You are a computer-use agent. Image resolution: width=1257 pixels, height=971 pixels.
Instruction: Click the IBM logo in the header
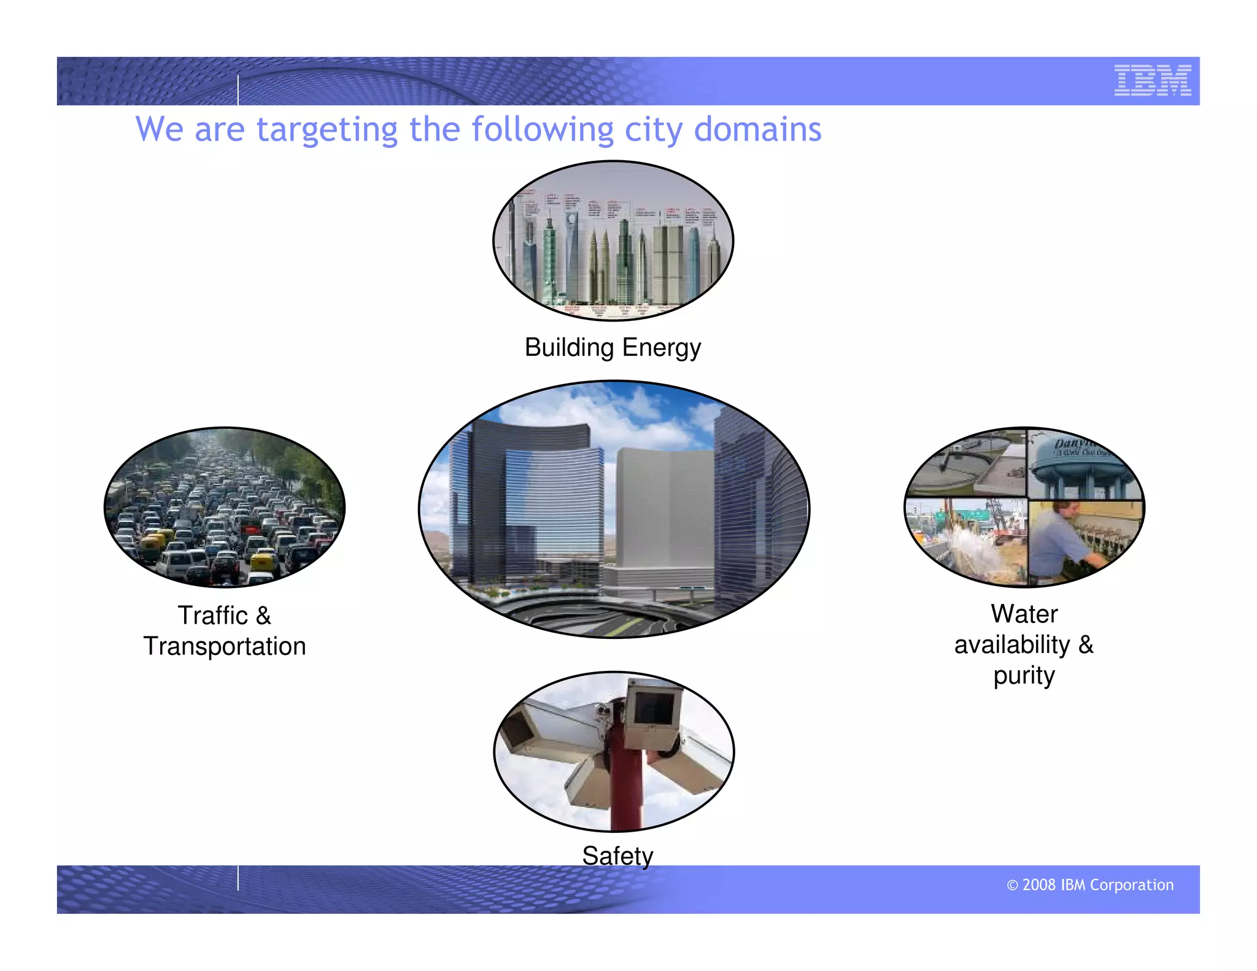[1152, 80]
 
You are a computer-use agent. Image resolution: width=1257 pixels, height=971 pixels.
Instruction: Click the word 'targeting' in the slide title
[327, 130]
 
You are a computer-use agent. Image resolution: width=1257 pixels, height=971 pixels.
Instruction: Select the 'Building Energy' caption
[612, 347]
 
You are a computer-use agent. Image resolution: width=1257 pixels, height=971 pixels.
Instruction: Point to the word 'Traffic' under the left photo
[212, 616]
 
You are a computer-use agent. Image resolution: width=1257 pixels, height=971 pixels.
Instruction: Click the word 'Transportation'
[225, 646]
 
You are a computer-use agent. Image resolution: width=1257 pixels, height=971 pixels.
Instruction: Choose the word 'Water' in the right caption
[1024, 614]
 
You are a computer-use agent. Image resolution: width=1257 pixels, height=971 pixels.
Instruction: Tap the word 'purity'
[1024, 676]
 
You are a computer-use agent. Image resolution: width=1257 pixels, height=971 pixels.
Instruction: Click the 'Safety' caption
[617, 856]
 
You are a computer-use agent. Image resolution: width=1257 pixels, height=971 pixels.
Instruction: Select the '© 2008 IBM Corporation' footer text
[1090, 885]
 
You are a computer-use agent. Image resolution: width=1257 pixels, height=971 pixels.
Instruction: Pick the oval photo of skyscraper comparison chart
[613, 241]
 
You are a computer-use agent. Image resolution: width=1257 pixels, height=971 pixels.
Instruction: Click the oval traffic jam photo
[225, 507]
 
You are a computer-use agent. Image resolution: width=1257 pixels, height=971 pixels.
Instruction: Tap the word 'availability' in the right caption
[1011, 645]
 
